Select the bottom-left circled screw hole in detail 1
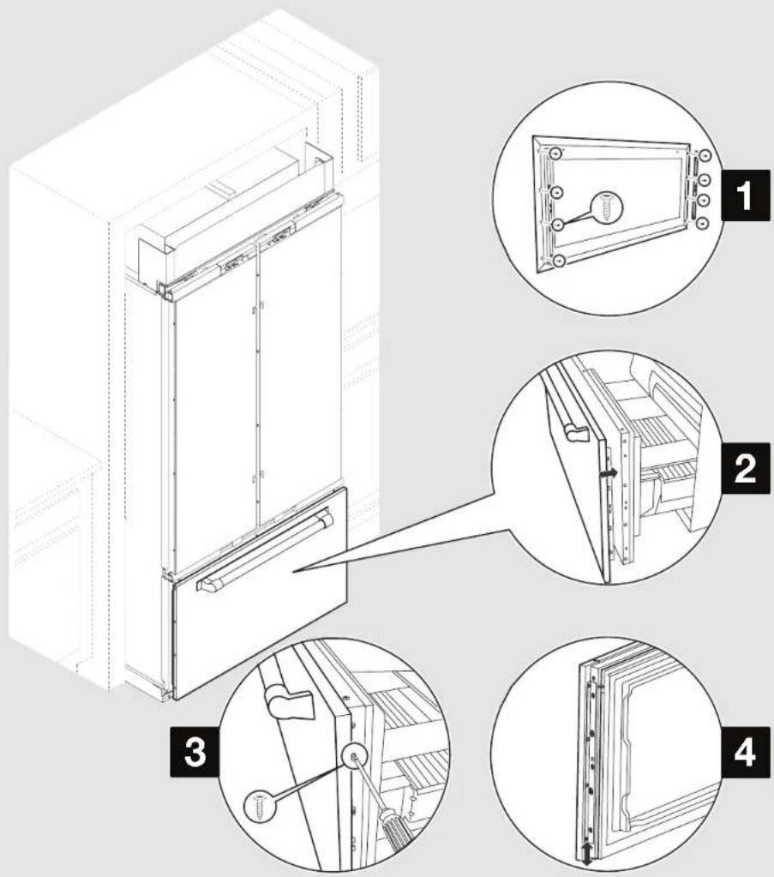pos(558,260)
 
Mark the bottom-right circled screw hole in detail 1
pos(703,223)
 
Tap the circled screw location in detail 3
pos(352,756)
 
